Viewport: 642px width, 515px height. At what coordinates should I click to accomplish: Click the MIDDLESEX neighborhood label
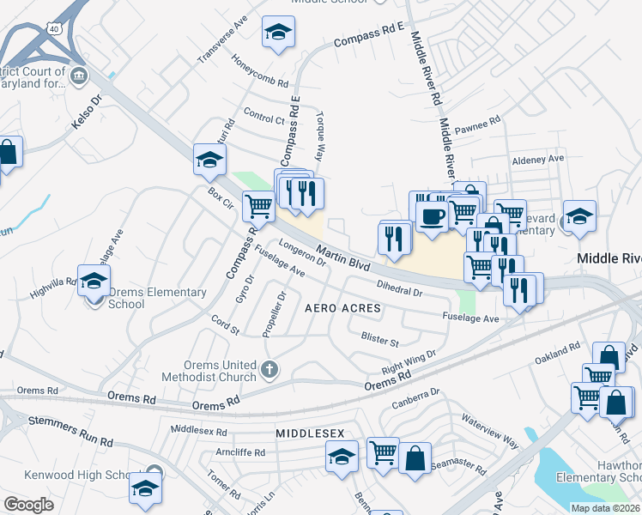pos(310,435)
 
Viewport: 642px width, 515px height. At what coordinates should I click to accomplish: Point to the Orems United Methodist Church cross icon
pos(270,370)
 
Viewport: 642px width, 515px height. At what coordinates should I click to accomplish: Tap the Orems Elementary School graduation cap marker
pos(94,280)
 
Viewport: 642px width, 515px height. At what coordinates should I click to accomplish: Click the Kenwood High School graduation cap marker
pos(145,488)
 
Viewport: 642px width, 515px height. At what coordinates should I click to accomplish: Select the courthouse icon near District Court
pos(79,76)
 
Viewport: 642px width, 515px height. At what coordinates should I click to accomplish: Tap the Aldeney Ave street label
pos(537,159)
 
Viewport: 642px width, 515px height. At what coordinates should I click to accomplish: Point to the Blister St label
pos(380,340)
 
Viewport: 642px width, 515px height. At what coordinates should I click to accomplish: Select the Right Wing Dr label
pos(409,360)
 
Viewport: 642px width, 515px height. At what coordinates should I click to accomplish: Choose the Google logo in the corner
pos(29,505)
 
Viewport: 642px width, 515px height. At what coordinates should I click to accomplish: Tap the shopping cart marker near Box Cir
pos(258,206)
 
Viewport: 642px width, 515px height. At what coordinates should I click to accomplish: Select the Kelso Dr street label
pos(87,112)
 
